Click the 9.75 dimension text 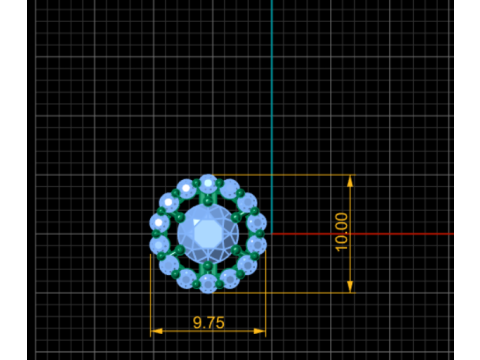pyautogui.click(x=209, y=323)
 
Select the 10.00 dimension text pyautogui.click(x=341, y=232)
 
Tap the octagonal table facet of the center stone pyautogui.click(x=208, y=233)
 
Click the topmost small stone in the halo pyautogui.click(x=208, y=183)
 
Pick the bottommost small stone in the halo pyautogui.click(x=208, y=284)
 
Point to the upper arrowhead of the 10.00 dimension pyautogui.click(x=350, y=181)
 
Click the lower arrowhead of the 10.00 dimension pyautogui.click(x=350, y=287)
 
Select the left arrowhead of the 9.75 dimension pyautogui.click(x=157, y=331)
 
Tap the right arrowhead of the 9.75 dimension pyautogui.click(x=260, y=331)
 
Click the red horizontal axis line pyautogui.click(x=363, y=234)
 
